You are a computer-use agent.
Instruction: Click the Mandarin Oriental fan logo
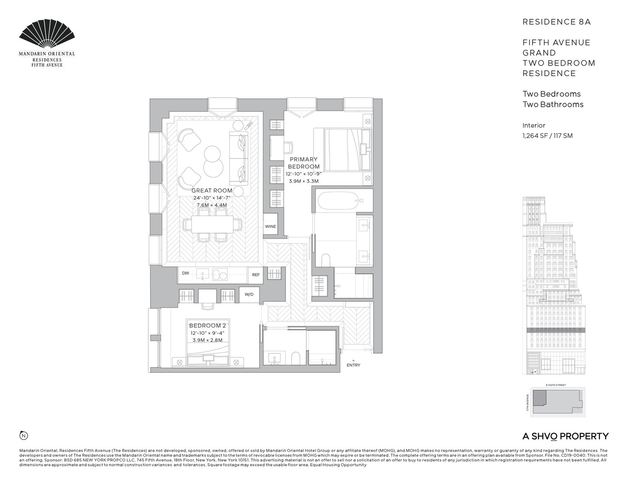pyautogui.click(x=47, y=35)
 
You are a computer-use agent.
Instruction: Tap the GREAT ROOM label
pyautogui.click(x=212, y=191)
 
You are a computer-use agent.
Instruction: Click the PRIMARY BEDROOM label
pyautogui.click(x=303, y=163)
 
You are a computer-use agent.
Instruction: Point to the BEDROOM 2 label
pyautogui.click(x=207, y=325)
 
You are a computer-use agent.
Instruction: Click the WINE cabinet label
pyautogui.click(x=270, y=226)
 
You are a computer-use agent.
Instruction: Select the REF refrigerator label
pyautogui.click(x=255, y=275)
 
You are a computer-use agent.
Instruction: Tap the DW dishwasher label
pyautogui.click(x=186, y=274)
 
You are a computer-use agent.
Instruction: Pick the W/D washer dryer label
pyautogui.click(x=249, y=294)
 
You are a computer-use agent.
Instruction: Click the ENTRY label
pyautogui.click(x=353, y=365)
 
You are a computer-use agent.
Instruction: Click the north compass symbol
pyautogui.click(x=23, y=435)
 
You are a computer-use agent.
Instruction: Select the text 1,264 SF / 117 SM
pyautogui.click(x=547, y=136)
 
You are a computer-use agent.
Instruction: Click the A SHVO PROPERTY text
pyautogui.click(x=565, y=436)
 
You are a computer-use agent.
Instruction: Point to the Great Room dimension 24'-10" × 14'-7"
pyautogui.click(x=212, y=198)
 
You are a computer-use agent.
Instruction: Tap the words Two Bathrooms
pyautogui.click(x=552, y=104)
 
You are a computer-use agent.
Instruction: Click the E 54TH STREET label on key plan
pyautogui.click(x=555, y=385)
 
